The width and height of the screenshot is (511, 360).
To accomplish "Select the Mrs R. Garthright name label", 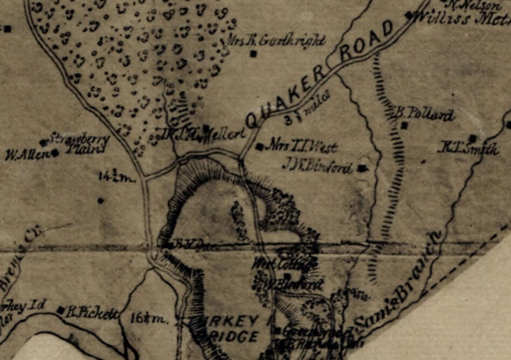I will click(277, 40).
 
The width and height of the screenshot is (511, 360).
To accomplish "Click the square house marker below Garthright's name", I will click(253, 53).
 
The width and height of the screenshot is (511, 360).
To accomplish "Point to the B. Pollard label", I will click(424, 114).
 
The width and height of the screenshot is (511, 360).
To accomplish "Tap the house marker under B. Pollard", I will click(405, 125).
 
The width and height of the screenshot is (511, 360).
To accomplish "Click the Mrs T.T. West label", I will click(302, 146).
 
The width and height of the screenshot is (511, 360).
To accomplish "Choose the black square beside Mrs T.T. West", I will click(259, 146).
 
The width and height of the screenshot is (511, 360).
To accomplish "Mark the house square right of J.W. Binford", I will click(361, 169).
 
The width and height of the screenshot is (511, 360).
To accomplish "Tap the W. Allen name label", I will click(27, 155).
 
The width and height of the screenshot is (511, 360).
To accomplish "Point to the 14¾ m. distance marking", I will click(118, 176).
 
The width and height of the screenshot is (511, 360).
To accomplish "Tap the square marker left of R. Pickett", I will click(61, 310).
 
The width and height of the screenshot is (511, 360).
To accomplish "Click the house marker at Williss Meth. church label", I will click(409, 14).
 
